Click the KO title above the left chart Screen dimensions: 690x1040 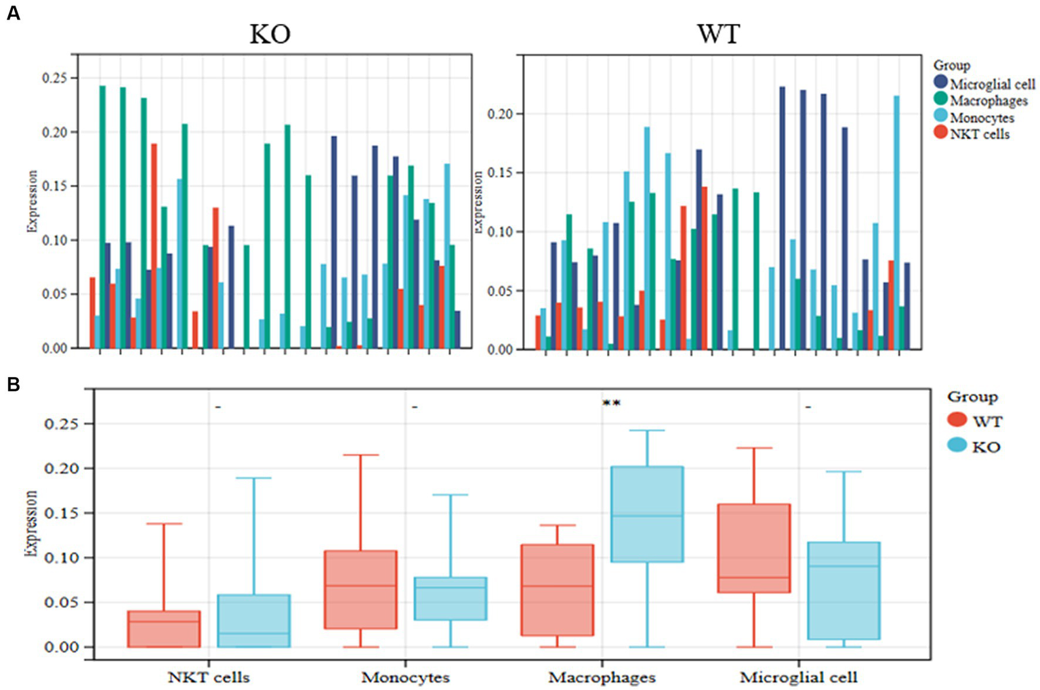pyautogui.click(x=270, y=35)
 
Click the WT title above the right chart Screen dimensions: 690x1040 pyautogui.click(x=718, y=34)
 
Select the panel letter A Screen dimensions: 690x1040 pyautogui.click(x=13, y=12)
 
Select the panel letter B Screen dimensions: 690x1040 pyautogui.click(x=13, y=385)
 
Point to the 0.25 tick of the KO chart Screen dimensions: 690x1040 pyautogui.click(x=55, y=79)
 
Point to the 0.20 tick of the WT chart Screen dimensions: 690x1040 pyautogui.click(x=501, y=114)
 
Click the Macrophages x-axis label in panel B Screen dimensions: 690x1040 pyautogui.click(x=602, y=677)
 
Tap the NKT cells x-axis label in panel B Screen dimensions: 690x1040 pyautogui.click(x=209, y=677)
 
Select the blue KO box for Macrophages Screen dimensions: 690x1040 pyautogui.click(x=647, y=514)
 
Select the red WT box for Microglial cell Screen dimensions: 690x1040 pyautogui.click(x=754, y=548)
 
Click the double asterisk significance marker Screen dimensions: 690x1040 pyautogui.click(x=611, y=404)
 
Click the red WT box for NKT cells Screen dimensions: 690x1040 pyautogui.click(x=164, y=629)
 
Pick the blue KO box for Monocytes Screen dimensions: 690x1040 pyautogui.click(x=451, y=598)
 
